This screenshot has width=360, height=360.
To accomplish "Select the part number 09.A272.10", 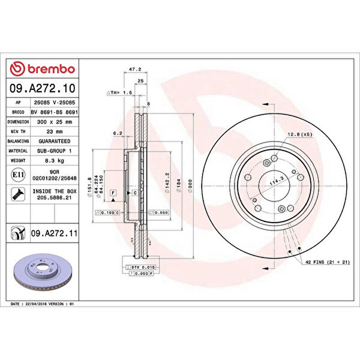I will point(42,89).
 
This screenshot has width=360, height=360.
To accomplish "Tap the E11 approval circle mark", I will point(18,175).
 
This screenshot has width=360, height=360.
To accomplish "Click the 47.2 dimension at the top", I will point(135,70).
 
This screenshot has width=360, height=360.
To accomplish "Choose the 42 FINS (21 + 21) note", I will point(327,263).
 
